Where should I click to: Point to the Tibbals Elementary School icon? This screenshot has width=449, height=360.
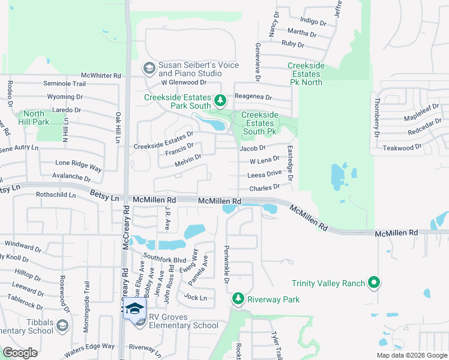tap(62, 325)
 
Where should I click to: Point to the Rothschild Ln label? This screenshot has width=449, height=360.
tap(56, 194)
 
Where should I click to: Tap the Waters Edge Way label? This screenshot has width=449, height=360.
tap(91, 346)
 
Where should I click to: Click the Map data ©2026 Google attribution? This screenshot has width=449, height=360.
tap(411, 355)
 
